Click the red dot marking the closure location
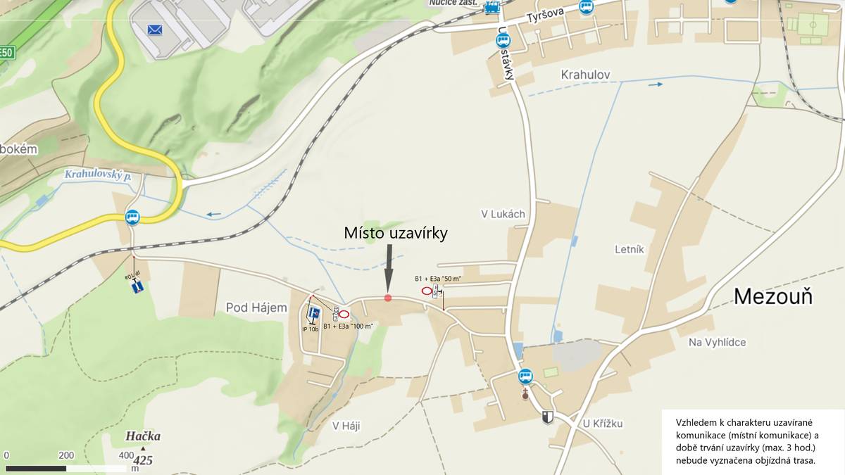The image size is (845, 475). [388, 298]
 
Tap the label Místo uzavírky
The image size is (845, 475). [396, 233]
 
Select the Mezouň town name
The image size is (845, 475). [772, 296]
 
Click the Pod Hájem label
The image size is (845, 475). [256, 308]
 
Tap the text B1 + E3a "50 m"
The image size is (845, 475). [438, 279]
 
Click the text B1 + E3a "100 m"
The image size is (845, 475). [348, 326]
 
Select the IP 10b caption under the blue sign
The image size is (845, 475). [311, 329]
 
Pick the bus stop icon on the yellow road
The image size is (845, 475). [132, 217]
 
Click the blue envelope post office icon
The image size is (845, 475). [155, 30]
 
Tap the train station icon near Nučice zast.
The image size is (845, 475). [492, 7]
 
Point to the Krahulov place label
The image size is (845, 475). [585, 75]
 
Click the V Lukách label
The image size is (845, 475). [503, 214]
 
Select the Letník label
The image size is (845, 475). [629, 249]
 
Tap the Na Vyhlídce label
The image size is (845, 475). [717, 342]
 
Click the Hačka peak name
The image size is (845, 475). [143, 436]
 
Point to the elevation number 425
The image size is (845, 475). [143, 461]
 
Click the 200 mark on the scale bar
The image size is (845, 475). [66, 455]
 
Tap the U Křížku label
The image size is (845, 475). [603, 424]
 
